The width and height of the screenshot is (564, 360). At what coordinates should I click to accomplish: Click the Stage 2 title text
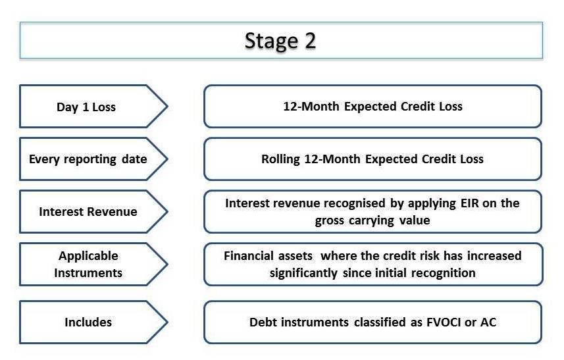tap(280, 41)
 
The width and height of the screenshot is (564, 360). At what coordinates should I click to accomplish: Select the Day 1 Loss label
tap(86, 107)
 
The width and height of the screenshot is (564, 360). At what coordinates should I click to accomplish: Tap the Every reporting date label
tap(88, 159)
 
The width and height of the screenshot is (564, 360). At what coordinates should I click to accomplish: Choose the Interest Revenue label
tap(88, 211)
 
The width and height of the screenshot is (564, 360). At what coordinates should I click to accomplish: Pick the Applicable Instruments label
tap(88, 265)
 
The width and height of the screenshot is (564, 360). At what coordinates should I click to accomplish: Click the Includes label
tap(88, 322)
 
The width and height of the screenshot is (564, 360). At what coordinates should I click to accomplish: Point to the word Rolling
tap(280, 159)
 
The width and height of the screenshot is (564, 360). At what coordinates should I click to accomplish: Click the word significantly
tap(303, 273)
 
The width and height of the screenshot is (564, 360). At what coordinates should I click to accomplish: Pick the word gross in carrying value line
tap(330, 220)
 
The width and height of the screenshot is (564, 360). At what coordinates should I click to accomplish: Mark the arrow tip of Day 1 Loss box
tap(167, 106)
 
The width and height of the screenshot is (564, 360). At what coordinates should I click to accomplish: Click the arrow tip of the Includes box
tap(167, 322)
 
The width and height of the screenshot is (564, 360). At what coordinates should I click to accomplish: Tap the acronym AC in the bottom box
tap(488, 322)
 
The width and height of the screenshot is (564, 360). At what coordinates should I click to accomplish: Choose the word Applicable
tap(88, 256)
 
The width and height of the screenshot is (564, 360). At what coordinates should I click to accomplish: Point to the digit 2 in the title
tap(311, 41)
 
